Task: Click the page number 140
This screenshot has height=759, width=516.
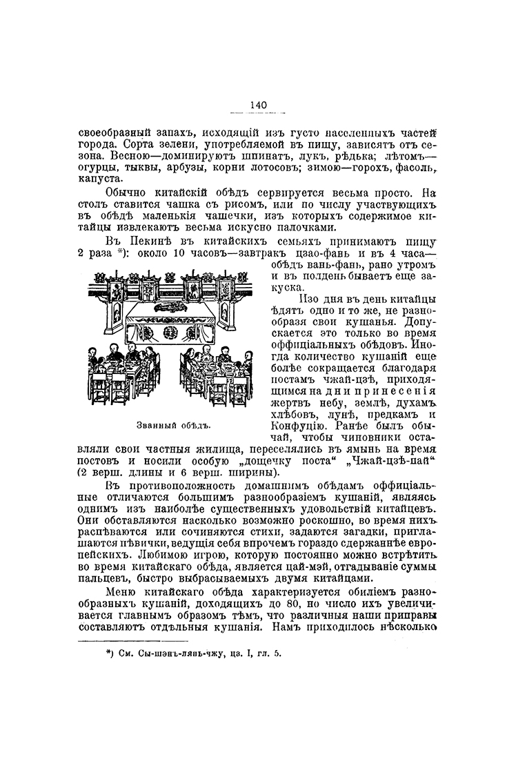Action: (257, 104)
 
